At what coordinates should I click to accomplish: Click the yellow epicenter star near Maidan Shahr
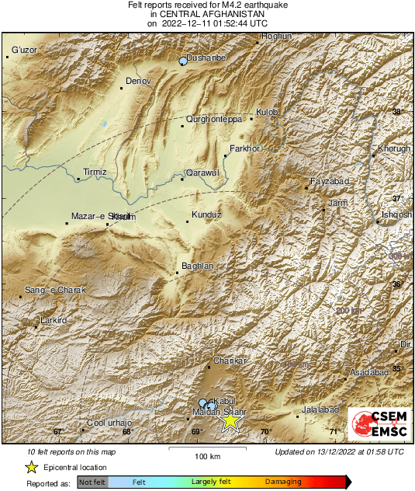(230, 420)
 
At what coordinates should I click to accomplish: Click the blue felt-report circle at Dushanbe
(184, 61)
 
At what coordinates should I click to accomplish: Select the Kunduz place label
(207, 214)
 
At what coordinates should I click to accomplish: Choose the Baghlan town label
(197, 266)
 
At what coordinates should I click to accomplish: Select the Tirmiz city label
(95, 172)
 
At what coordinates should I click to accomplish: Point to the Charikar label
(230, 361)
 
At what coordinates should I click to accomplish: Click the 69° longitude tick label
(196, 432)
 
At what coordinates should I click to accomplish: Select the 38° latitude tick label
(397, 113)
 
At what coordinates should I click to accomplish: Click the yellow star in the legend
(31, 467)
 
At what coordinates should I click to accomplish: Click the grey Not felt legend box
(92, 482)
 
